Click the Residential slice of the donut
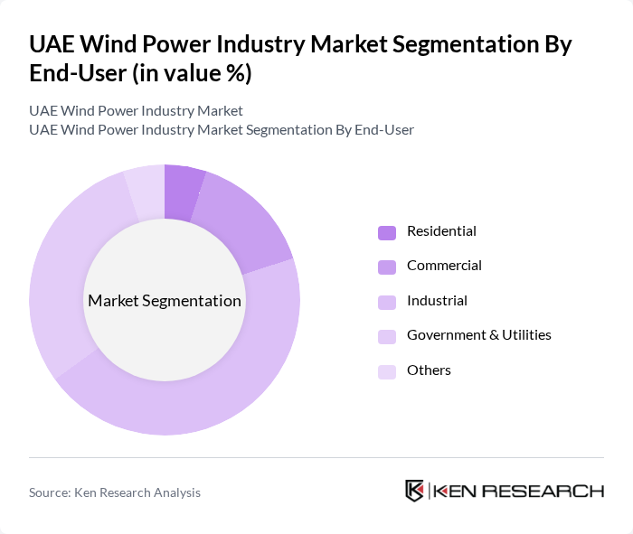click(182, 192)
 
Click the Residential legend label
click(441, 231)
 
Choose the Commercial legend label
click(444, 266)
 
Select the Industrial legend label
click(437, 300)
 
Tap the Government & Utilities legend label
click(478, 335)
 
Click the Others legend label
click(429, 370)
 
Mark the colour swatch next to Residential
click(387, 232)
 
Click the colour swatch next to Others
click(387, 370)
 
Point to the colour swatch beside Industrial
click(387, 301)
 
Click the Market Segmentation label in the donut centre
click(165, 301)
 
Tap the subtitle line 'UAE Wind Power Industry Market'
click(136, 111)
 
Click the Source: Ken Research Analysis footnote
click(115, 492)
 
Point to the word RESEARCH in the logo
click(552, 491)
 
